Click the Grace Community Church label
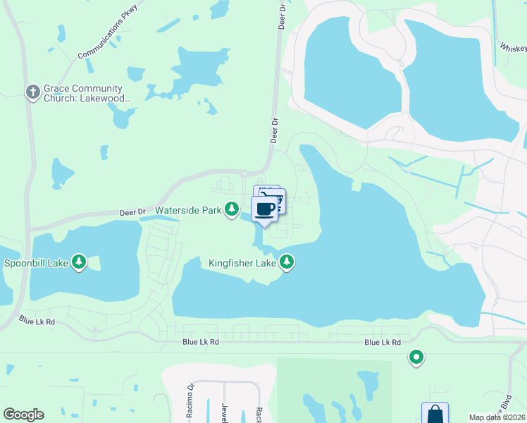coord(88,94)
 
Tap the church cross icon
coord(32,92)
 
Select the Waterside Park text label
coord(188,210)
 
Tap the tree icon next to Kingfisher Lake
coord(286,262)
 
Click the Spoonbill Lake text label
coord(36,263)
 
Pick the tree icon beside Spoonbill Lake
coord(79,263)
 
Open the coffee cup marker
coord(265,209)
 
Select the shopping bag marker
coord(435,414)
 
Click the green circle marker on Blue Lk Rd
coord(416,358)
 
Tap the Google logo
coord(23,415)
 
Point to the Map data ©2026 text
coord(497,417)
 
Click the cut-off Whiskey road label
coord(514,47)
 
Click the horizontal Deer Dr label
coord(132,211)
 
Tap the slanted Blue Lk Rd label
coord(37,321)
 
